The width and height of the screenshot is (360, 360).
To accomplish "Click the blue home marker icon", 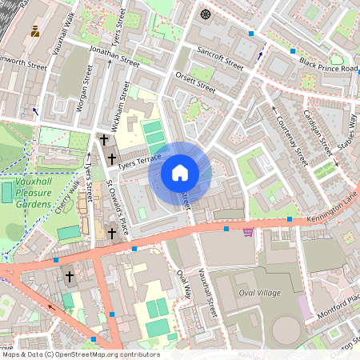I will point(180,172).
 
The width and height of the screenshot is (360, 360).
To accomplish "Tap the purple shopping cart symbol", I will point(248,232).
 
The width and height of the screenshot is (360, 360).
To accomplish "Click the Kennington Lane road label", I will point(330,210).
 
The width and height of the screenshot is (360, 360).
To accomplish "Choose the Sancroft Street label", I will point(222,59).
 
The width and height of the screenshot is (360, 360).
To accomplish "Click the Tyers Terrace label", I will point(139,161).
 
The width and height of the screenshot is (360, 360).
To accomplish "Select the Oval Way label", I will point(183,285).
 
